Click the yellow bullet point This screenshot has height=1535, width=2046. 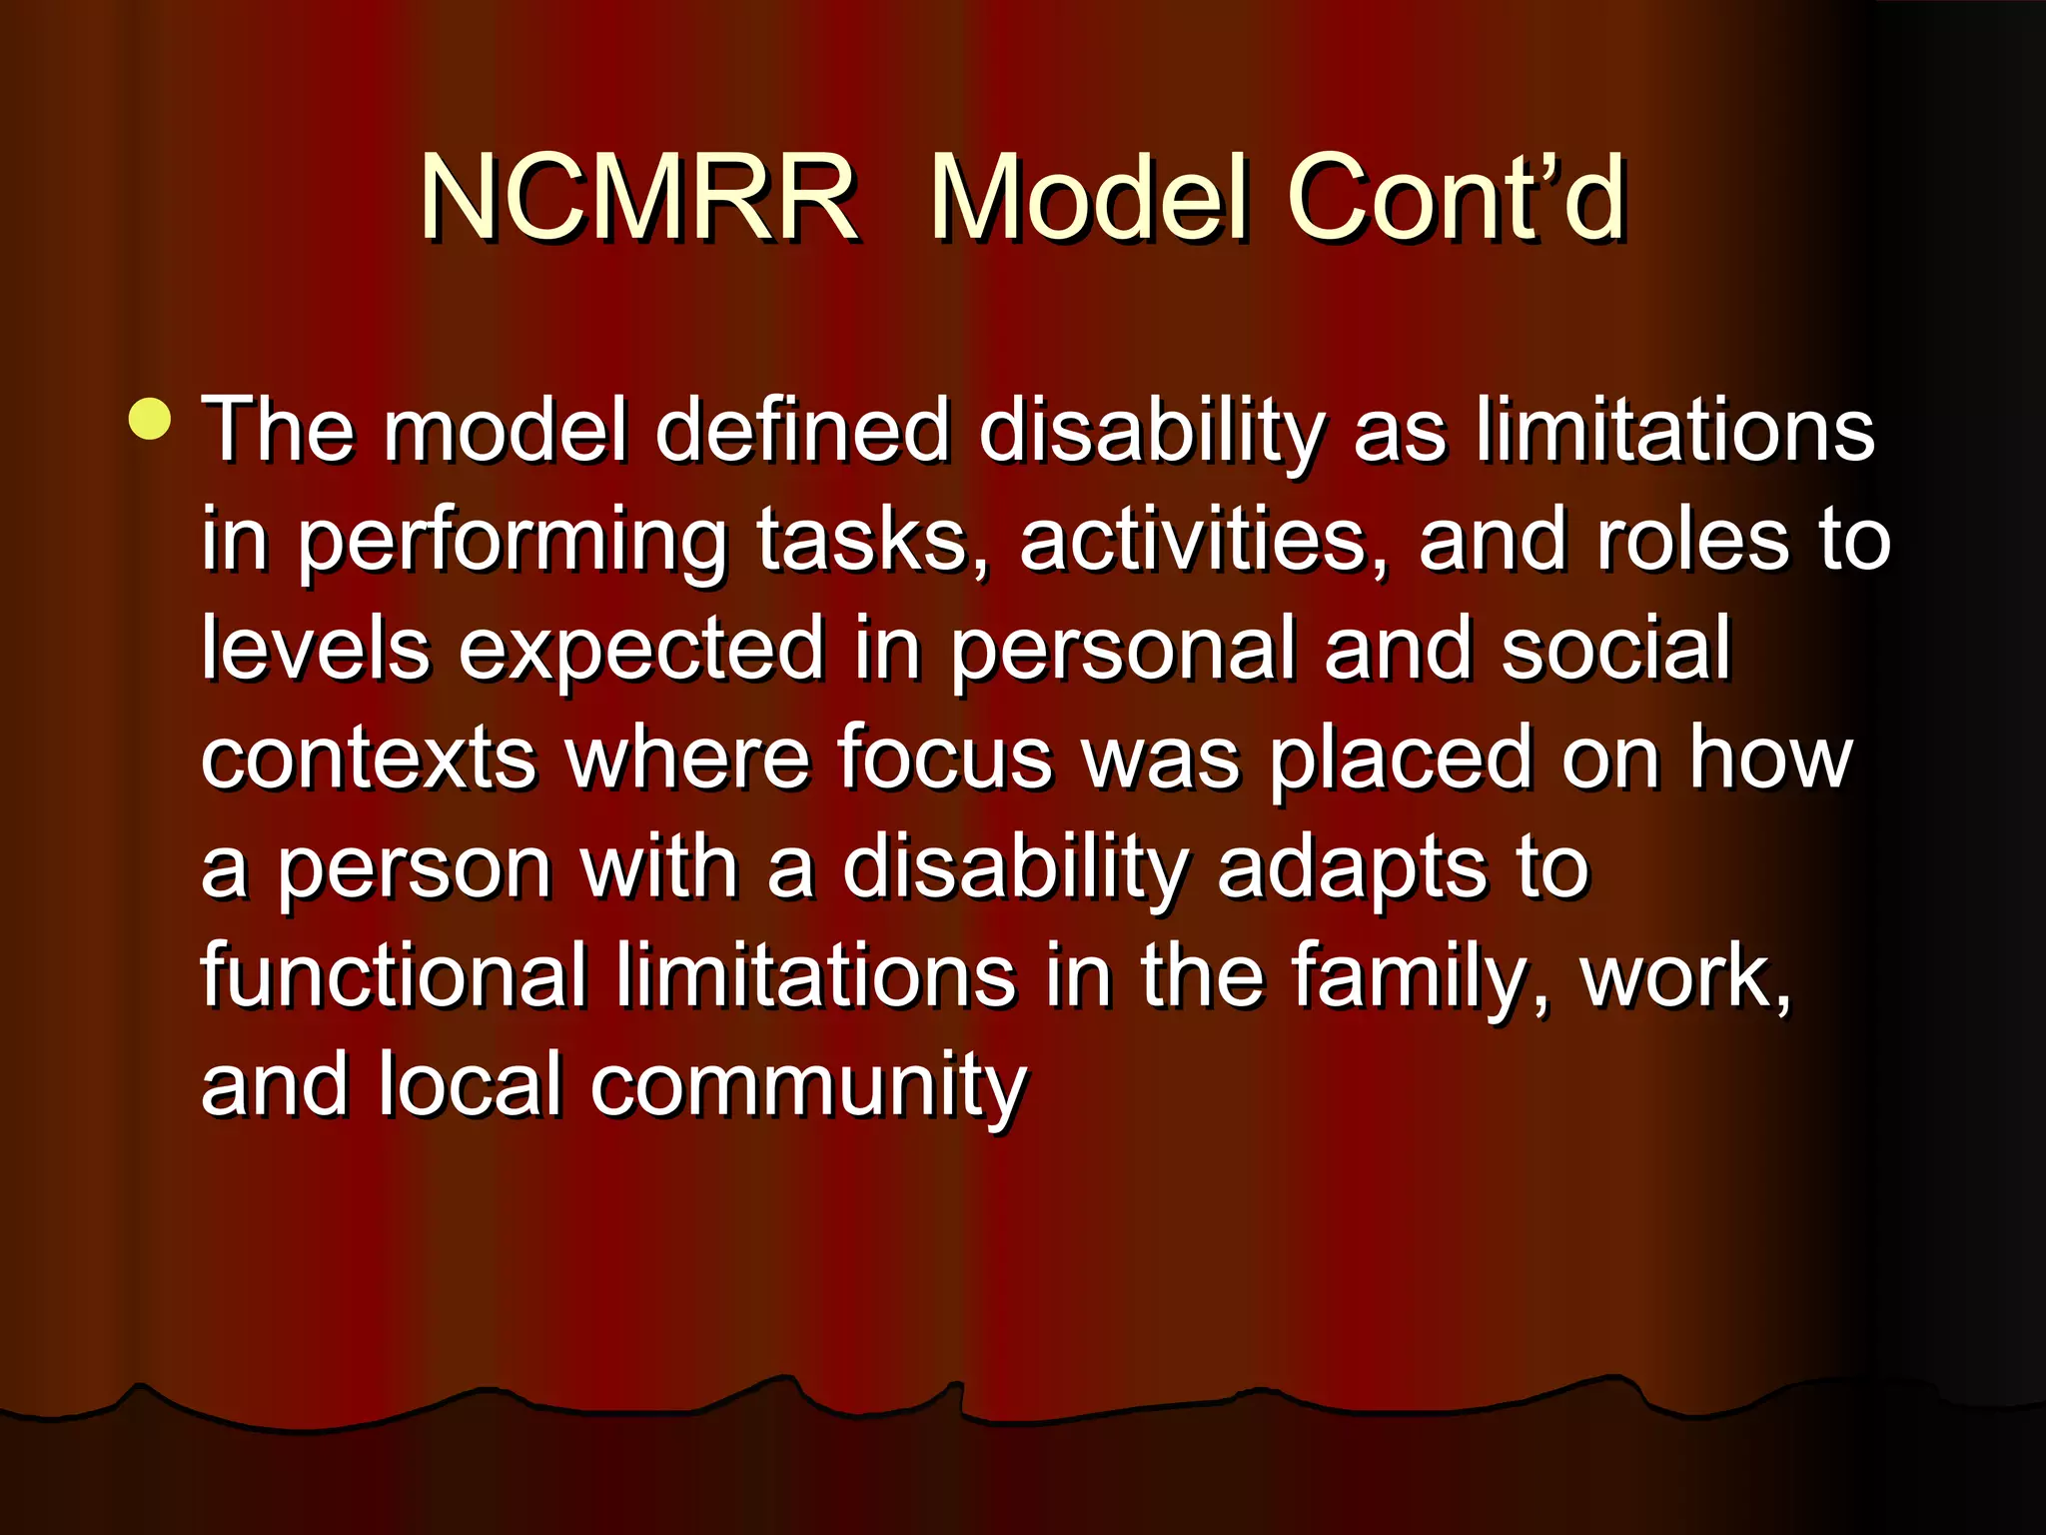(x=150, y=419)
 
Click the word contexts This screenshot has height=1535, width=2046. (x=370, y=760)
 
